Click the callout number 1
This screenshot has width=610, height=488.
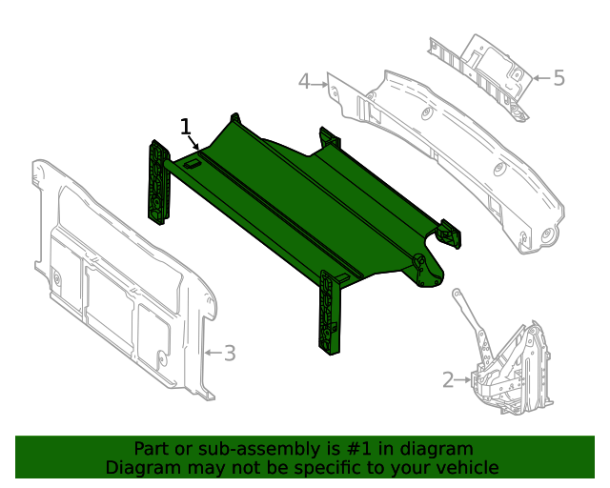pos(186,126)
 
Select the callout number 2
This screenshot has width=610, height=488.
pos(448,380)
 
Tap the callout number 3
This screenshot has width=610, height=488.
pos(229,354)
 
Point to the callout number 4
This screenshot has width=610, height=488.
pos(304,82)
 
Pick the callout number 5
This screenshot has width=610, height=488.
pos(559,78)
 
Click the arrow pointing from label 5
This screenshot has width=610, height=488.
pos(539,78)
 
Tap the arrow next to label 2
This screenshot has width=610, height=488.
pos(464,380)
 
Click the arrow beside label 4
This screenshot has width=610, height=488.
pos(321,83)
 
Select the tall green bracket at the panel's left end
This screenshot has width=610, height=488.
pos(155,181)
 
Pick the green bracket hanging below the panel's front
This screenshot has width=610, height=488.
pos(331,313)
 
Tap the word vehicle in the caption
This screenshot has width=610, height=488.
pos(467,467)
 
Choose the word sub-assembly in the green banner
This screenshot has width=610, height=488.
pos(227,449)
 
